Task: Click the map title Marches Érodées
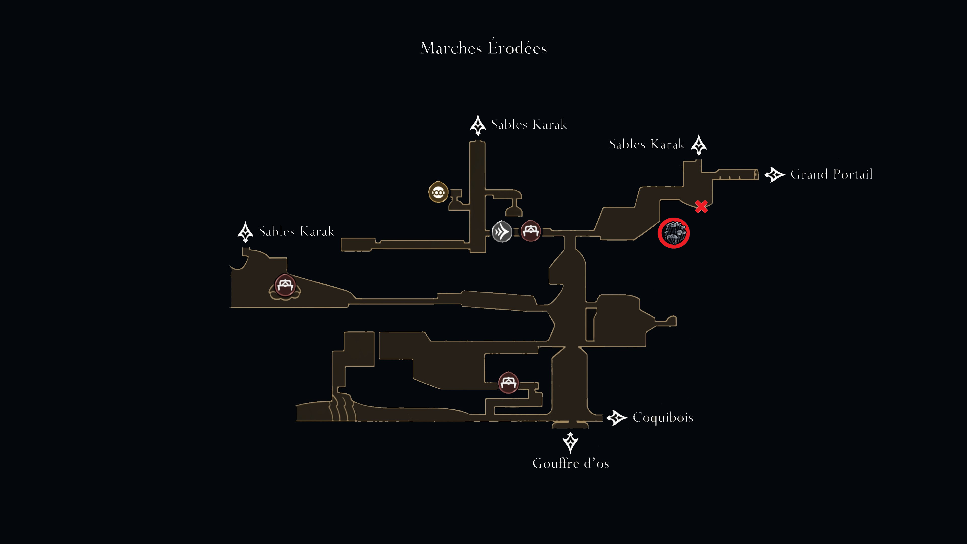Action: pyautogui.click(x=483, y=47)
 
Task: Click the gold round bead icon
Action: pyautogui.click(x=438, y=192)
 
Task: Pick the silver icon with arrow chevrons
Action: pyautogui.click(x=502, y=232)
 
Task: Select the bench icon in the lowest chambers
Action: pyautogui.click(x=508, y=382)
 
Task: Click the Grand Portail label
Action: pyautogui.click(x=832, y=174)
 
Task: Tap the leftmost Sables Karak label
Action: pyautogui.click(x=296, y=231)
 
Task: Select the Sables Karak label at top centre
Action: pyautogui.click(x=529, y=124)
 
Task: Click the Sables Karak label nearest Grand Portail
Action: pyautogui.click(x=647, y=144)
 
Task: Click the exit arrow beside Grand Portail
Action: pyautogui.click(x=775, y=175)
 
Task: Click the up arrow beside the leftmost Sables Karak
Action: pyautogui.click(x=246, y=232)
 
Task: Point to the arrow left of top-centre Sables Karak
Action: pyautogui.click(x=478, y=125)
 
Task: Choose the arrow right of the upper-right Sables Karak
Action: pyautogui.click(x=699, y=145)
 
